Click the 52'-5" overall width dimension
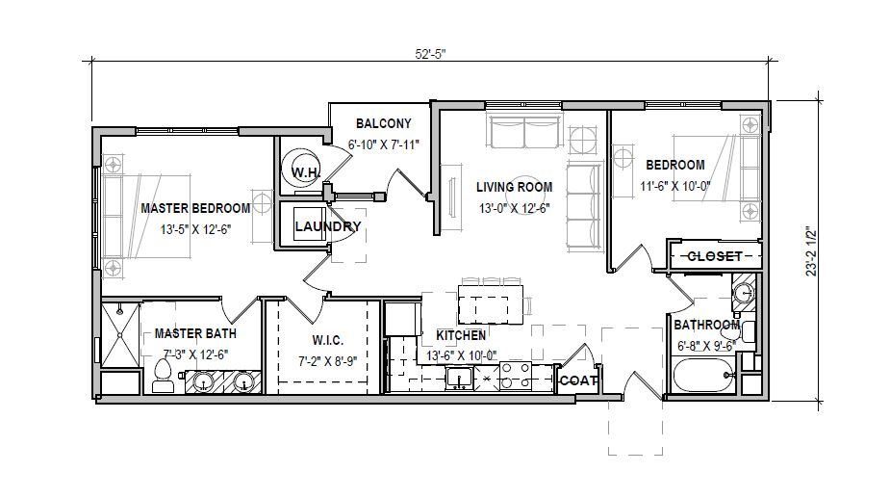coord(431,54)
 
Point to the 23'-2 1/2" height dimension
coord(812,251)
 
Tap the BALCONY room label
coord(384,123)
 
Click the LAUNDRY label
coord(327,226)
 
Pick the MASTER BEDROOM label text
coord(195,208)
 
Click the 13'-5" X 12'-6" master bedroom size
coord(196,229)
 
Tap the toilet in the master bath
coord(163,377)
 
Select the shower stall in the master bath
coord(120,335)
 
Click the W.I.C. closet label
coord(327,341)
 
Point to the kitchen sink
coord(460,378)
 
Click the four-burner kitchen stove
coord(515,376)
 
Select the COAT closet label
coord(578,380)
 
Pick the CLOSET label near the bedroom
coord(715,256)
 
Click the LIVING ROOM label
coord(514,187)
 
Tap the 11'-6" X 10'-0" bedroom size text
coord(675,186)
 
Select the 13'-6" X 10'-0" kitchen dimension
coord(462,355)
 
